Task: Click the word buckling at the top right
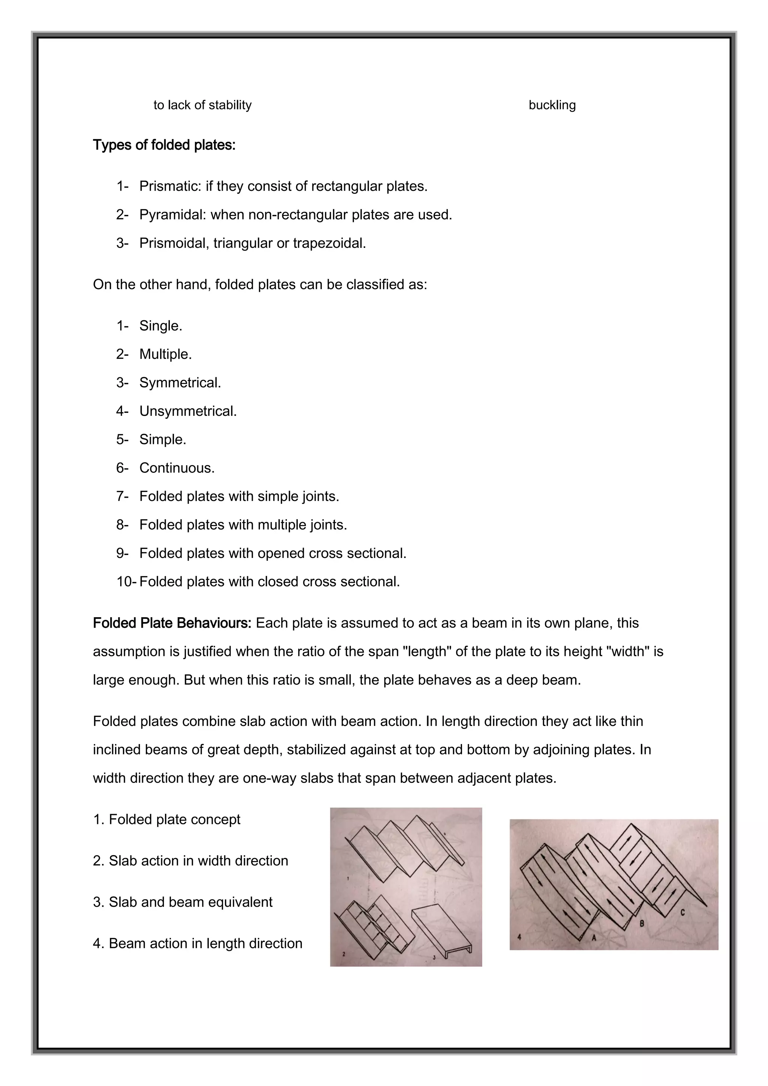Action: click(552, 105)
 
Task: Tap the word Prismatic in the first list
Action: click(170, 186)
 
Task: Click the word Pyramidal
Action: click(172, 215)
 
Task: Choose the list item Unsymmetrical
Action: click(188, 411)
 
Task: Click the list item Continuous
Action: click(177, 468)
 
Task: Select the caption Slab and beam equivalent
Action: click(190, 902)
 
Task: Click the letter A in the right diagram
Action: click(594, 937)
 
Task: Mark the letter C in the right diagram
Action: click(682, 912)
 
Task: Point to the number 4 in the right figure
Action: click(519, 936)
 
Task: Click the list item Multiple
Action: click(165, 354)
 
